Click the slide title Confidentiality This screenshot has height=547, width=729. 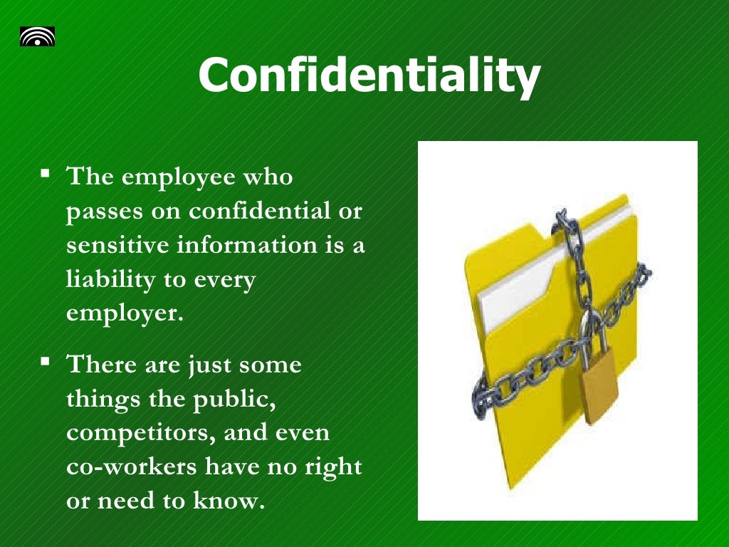[369, 75]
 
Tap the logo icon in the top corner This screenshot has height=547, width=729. [37, 36]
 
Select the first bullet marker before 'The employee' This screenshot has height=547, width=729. [46, 173]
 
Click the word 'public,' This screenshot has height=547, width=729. [234, 399]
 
